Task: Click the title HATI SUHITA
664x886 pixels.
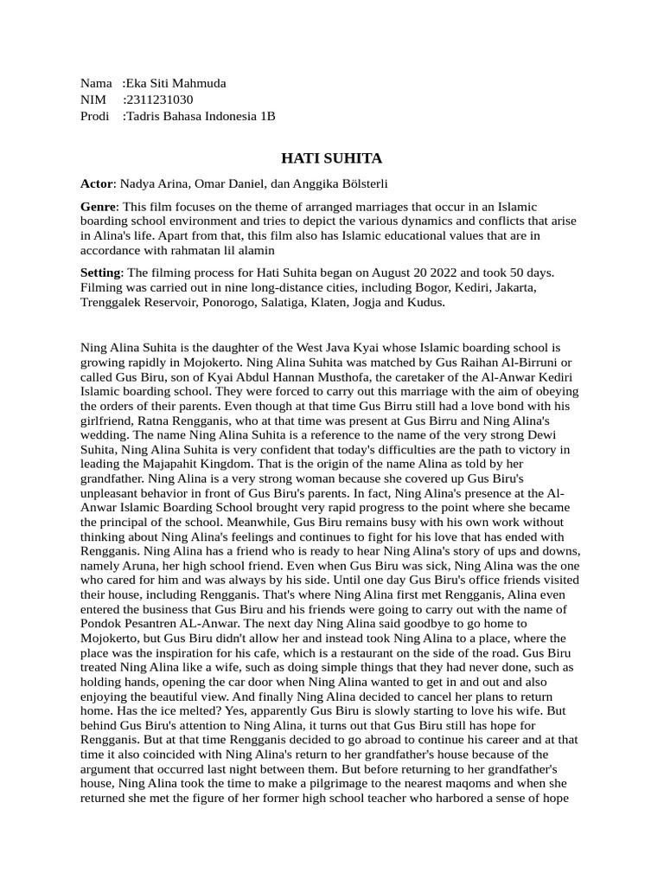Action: [332, 158]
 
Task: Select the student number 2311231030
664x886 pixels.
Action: [159, 100]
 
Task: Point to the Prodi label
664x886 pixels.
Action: [95, 116]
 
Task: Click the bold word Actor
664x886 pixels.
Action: [96, 183]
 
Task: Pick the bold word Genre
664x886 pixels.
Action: [98, 207]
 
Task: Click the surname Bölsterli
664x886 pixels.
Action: [358, 183]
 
